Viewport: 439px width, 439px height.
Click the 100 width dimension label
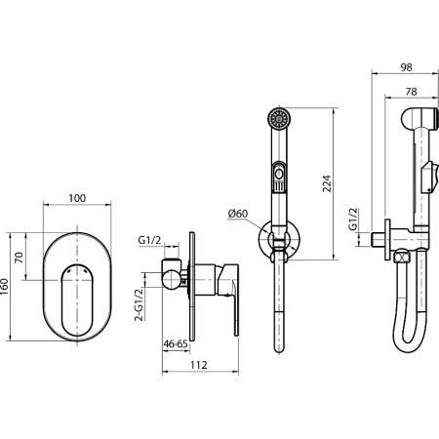[x=77, y=198]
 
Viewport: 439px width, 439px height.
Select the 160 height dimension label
[x=5, y=287]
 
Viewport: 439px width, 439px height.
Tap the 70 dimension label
[x=20, y=258]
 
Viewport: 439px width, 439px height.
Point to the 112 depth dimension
[x=199, y=365]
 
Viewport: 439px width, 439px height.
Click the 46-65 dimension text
[x=176, y=343]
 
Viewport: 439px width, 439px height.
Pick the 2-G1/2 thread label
[x=139, y=304]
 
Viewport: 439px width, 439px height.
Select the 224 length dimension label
[x=327, y=183]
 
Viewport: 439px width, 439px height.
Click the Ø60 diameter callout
[x=238, y=214]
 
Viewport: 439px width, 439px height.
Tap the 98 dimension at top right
[x=406, y=67]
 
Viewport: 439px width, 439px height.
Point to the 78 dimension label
[x=411, y=92]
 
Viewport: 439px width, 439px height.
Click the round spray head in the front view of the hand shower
[x=279, y=118]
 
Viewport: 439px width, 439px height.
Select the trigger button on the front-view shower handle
[x=279, y=177]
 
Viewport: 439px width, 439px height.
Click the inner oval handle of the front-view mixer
[x=77, y=300]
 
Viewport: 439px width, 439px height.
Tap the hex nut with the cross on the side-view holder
[x=403, y=258]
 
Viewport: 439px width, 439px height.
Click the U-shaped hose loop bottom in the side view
[x=410, y=345]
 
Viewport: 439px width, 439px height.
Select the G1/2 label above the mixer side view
[x=149, y=241]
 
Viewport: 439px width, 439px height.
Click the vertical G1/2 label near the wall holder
[x=353, y=219]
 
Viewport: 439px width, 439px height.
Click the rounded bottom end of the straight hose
[x=279, y=349]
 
